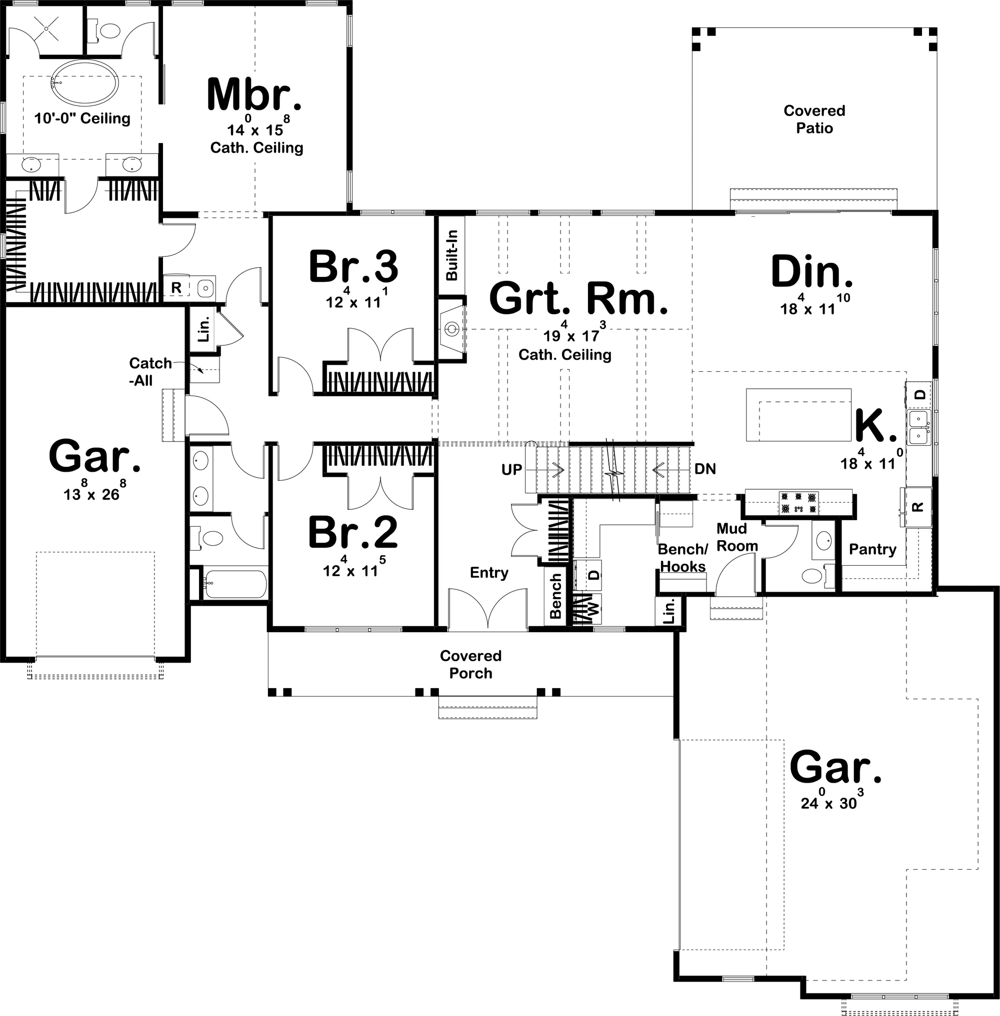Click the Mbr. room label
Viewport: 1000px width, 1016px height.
pyautogui.click(x=254, y=94)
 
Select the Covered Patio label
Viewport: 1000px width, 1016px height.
pyautogui.click(x=814, y=119)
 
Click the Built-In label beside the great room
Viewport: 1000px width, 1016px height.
pyautogui.click(x=451, y=255)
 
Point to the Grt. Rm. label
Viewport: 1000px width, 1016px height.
pyautogui.click(x=579, y=298)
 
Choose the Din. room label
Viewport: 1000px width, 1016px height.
pyautogui.click(x=812, y=271)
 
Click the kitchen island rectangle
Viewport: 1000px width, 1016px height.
pyautogui.click(x=798, y=414)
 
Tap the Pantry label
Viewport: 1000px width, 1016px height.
pyautogui.click(x=872, y=549)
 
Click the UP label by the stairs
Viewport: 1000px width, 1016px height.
pyautogui.click(x=511, y=469)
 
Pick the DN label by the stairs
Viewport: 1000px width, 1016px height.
pyautogui.click(x=705, y=469)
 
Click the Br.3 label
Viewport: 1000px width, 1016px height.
pyautogui.click(x=353, y=267)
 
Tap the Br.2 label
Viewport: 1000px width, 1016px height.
pyautogui.click(x=353, y=532)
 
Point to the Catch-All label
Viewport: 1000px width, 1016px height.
pyautogui.click(x=150, y=372)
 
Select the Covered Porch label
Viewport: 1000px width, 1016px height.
pyautogui.click(x=470, y=664)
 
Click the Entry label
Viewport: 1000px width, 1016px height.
pyautogui.click(x=489, y=573)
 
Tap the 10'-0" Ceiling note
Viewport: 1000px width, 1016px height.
pyautogui.click(x=82, y=118)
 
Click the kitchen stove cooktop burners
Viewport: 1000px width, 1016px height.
pyautogui.click(x=798, y=502)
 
